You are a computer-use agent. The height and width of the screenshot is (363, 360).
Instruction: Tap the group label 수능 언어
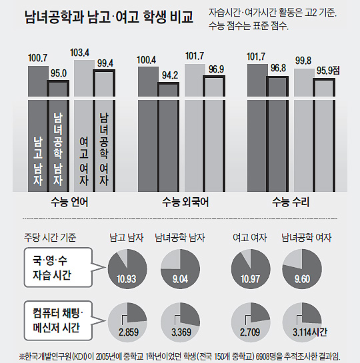[69, 201]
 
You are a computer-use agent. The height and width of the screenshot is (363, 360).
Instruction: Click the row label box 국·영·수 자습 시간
[55, 266]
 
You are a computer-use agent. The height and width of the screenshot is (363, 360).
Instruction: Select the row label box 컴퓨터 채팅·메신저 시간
[55, 318]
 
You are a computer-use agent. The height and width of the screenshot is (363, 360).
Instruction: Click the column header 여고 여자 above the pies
[247, 237]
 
